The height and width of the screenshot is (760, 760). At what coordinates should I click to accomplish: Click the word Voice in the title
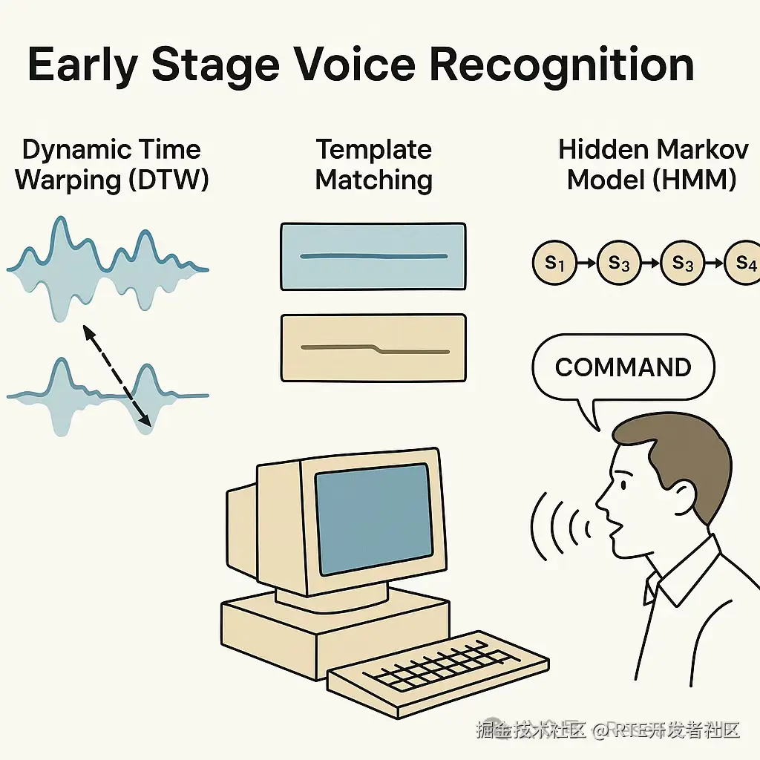coord(356,65)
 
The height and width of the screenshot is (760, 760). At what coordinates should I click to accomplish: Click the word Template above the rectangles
coord(374,150)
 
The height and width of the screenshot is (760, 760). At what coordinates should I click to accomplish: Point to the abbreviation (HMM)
coord(694,180)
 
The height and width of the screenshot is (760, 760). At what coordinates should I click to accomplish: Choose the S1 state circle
coord(554,263)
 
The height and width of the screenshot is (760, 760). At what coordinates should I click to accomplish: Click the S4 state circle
coord(744,263)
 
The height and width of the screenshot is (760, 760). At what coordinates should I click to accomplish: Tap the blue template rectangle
coord(373,256)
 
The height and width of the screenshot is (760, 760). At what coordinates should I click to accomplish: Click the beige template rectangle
coord(373,348)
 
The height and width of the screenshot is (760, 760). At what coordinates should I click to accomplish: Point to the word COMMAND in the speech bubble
coord(623,367)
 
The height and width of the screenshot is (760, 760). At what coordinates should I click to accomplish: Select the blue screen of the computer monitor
coord(373,519)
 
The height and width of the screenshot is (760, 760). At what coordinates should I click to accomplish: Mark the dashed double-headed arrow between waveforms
coord(117,376)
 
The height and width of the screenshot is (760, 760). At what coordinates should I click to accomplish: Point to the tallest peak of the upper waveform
coord(60,219)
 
